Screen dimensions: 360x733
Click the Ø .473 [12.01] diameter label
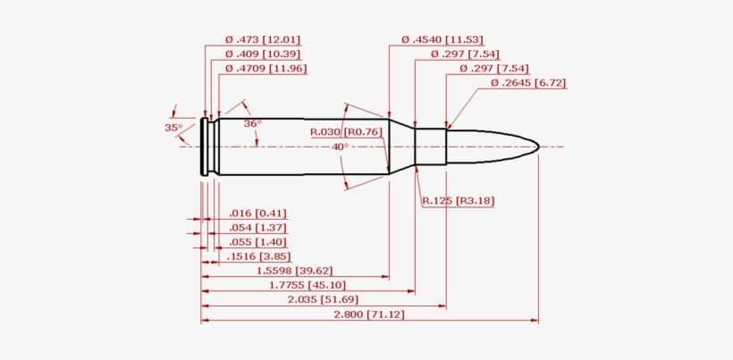[262, 39]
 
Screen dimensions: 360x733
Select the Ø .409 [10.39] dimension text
[262, 54]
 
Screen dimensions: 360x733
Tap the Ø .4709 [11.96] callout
[265, 68]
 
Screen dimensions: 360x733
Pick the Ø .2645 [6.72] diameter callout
[528, 83]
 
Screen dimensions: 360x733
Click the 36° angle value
[252, 123]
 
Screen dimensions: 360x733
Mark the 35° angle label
[173, 128]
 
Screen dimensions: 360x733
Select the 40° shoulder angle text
[340, 147]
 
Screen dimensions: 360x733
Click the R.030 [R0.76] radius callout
[346, 132]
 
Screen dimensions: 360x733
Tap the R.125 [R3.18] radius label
[458, 200]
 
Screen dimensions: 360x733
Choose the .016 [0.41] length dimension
[257, 213]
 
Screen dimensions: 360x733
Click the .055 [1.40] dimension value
[257, 242]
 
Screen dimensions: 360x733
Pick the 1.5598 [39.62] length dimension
[294, 271]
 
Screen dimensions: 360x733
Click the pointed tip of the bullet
[537, 146]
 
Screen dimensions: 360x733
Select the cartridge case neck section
[430, 147]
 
